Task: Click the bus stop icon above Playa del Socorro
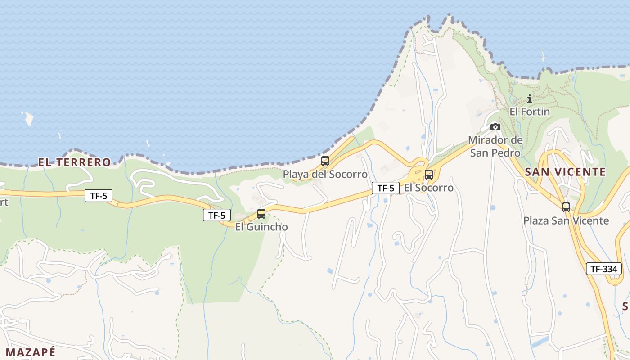coord(325,161)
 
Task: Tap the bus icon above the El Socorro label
coord(429,175)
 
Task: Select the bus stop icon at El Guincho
coord(261,214)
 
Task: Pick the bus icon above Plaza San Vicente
coord(566,207)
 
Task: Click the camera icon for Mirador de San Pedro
coord(495,127)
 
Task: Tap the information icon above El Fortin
coord(530,99)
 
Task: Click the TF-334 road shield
coord(603,269)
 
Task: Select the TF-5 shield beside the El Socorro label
coord(386,188)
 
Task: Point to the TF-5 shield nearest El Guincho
coord(217,215)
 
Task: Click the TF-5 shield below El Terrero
coord(99,196)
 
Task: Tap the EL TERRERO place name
coord(75,162)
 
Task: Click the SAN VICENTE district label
coord(565,172)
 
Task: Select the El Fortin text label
coord(530,111)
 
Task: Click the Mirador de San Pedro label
coord(495,146)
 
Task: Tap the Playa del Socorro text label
coord(325,174)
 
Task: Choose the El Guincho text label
coord(261,227)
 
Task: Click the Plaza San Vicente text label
coord(566,220)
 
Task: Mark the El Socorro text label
coord(429,188)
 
